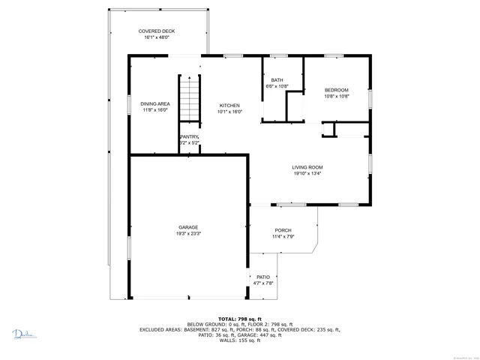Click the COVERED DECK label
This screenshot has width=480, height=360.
(x=157, y=31)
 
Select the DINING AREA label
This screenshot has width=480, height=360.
(x=154, y=103)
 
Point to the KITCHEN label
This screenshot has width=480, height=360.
(x=229, y=104)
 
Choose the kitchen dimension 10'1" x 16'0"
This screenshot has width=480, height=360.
(x=229, y=111)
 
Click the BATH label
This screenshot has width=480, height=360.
(x=277, y=80)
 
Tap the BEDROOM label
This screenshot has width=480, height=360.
(x=336, y=90)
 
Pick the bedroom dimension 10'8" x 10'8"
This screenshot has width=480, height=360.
(x=336, y=96)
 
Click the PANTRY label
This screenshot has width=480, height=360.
(x=190, y=136)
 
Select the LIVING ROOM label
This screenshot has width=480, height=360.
(x=307, y=167)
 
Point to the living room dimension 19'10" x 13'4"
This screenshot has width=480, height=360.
(x=307, y=174)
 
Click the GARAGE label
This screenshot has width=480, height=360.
(x=188, y=226)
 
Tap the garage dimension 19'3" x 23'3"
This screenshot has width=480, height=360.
(x=188, y=233)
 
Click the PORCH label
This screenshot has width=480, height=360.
(x=283, y=230)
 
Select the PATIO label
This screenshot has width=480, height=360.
(x=263, y=277)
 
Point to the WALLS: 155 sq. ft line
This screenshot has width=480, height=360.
(x=239, y=341)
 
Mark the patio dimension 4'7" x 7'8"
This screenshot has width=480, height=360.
(x=263, y=283)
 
